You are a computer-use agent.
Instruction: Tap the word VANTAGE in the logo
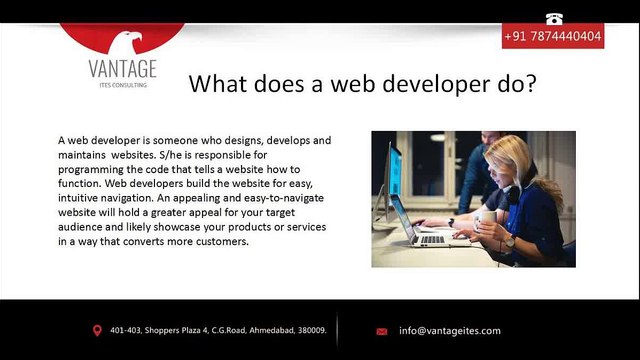click(x=122, y=69)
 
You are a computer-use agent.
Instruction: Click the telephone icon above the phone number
click(x=554, y=19)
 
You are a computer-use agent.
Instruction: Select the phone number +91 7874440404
click(x=553, y=36)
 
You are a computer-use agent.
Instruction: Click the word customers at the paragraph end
click(x=222, y=241)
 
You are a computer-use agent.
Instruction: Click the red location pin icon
click(x=97, y=331)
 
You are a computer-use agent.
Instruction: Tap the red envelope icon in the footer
click(x=382, y=331)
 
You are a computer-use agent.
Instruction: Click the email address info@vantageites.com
click(x=450, y=331)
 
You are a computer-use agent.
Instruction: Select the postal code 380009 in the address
click(x=312, y=330)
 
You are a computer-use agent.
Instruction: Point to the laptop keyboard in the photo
click(x=433, y=240)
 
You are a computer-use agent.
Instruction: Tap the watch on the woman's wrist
click(x=509, y=242)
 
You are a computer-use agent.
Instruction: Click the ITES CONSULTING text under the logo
click(x=123, y=85)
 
